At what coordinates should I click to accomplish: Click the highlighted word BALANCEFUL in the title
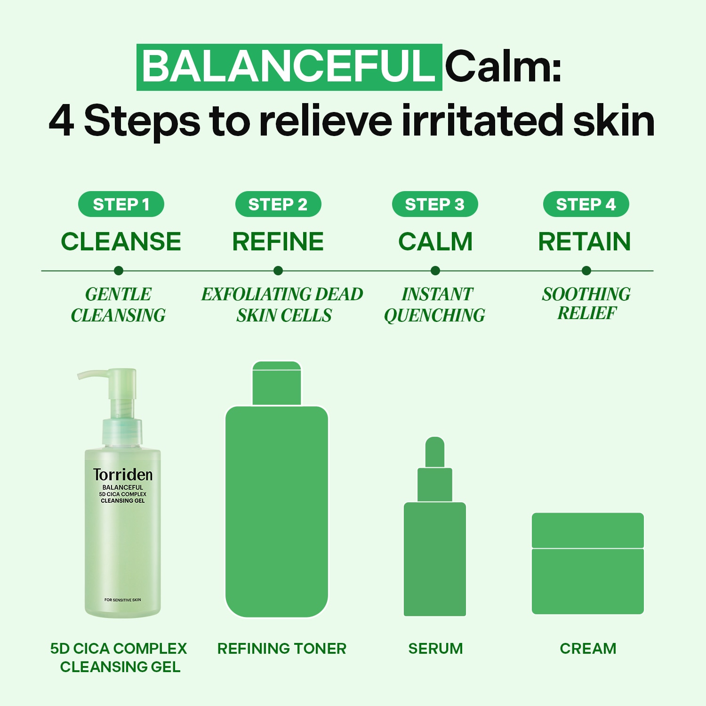pos(289,67)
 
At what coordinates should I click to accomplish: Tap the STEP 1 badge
pos(121,204)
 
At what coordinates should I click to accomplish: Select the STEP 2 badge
pos(278,204)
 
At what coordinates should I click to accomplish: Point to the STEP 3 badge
pos(435,204)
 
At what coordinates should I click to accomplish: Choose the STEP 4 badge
pos(586,204)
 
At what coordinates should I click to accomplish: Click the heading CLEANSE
pos(121,241)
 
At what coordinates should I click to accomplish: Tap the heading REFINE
pos(278,241)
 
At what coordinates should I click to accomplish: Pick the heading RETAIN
pos(585,241)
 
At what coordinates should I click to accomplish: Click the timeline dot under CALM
pos(435,271)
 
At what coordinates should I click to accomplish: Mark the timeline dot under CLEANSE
pos(119,271)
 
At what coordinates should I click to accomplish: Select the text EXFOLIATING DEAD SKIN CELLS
pos(282,305)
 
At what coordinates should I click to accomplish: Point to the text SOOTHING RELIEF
pos(586,304)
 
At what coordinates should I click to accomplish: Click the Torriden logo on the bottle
pos(123,475)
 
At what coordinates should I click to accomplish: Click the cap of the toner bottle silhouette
pos(277,383)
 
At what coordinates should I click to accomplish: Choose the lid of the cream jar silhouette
pos(588,530)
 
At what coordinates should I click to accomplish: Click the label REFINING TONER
pos(282,649)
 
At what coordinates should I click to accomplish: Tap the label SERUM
pos(436,649)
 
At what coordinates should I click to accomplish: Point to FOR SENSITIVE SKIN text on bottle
pos(123,600)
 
